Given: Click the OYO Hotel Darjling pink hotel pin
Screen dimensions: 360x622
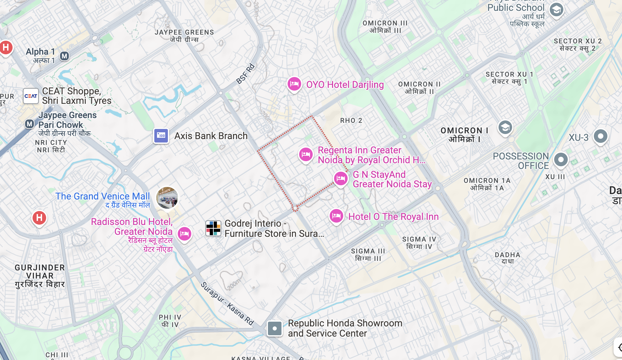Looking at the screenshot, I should [x=294, y=83].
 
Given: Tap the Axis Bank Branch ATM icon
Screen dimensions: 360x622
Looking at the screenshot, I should [x=161, y=136].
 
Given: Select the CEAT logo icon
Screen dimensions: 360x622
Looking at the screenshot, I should [x=31, y=96].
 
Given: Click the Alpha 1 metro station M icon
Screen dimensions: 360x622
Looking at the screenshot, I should [x=64, y=56].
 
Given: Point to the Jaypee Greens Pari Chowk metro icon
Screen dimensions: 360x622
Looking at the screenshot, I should [x=30, y=124].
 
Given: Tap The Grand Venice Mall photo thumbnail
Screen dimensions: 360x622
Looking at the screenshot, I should [x=167, y=197].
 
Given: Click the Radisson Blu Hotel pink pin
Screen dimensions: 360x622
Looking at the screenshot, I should [x=184, y=233].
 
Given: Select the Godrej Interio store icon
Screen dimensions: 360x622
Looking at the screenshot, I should [x=213, y=228].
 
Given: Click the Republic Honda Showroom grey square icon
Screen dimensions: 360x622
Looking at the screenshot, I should [x=274, y=328].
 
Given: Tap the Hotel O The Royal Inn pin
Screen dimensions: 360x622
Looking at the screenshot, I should [x=336, y=215].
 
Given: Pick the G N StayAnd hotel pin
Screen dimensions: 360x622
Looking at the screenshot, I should [x=341, y=178].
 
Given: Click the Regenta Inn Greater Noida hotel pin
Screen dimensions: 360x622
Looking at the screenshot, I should [x=306, y=154].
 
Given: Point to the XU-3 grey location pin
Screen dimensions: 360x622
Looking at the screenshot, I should [x=600, y=136].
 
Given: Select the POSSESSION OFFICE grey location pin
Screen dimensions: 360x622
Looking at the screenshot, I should [x=561, y=159].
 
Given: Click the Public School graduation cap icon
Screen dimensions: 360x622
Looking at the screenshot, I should [x=556, y=10].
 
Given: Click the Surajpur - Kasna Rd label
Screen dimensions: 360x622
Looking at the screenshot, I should [x=227, y=304].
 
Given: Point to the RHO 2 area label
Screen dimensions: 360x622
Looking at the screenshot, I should [x=351, y=120].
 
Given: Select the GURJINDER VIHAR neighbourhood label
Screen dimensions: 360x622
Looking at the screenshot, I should [x=40, y=276].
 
